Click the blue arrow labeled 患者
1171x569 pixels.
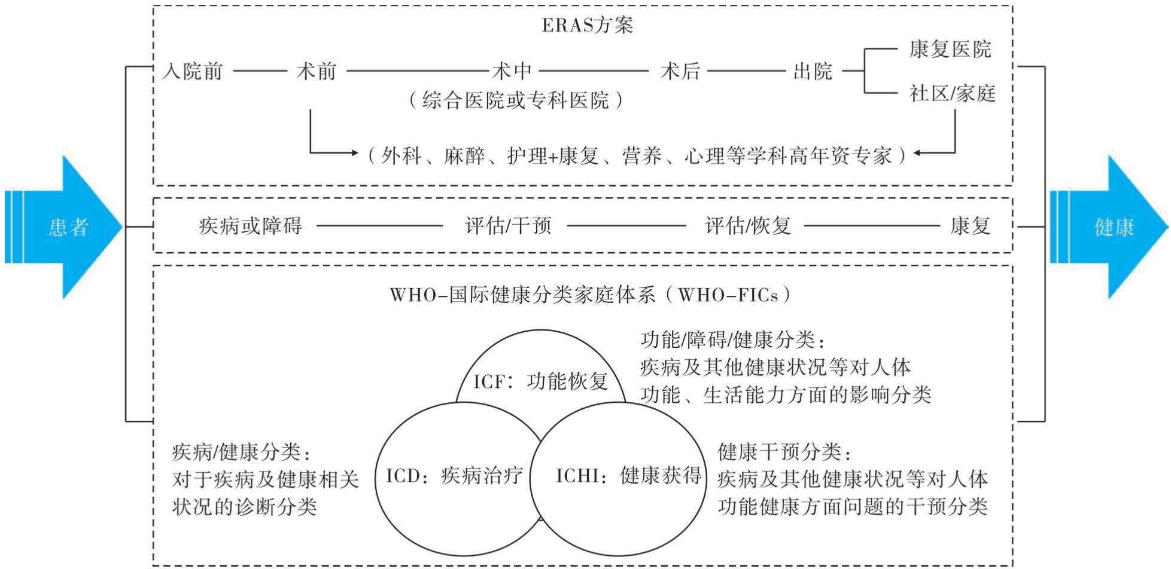point(63,227)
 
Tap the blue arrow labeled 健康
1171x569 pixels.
point(1109,227)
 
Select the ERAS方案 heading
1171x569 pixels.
point(587,26)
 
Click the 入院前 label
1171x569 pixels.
point(192,72)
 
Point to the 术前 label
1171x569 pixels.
point(316,72)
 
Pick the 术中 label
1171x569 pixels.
point(512,72)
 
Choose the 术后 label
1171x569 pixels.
point(680,72)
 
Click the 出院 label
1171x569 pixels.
point(813,72)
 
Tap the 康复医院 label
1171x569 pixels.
point(950,49)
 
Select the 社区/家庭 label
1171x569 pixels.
point(953,93)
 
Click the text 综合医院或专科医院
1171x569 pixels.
point(515,100)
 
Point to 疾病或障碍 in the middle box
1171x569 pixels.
point(251,227)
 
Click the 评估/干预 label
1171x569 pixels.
point(508,227)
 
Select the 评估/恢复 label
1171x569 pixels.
point(748,227)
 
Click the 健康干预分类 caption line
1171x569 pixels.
point(784,452)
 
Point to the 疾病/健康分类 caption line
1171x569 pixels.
point(242,452)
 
